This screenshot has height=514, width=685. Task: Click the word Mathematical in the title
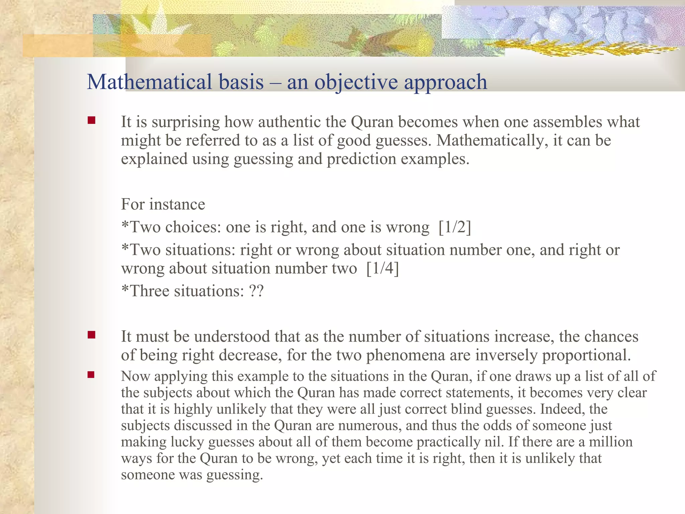coord(149,82)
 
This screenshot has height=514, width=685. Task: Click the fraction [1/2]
coord(455,228)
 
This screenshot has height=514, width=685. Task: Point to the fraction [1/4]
coord(383,269)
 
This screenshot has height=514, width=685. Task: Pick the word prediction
coord(361,159)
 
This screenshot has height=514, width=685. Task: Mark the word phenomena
coord(405,355)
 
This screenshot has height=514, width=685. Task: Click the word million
coord(610,442)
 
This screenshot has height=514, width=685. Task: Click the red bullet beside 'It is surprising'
coord(91,120)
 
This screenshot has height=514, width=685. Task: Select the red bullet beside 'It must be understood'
coord(91,335)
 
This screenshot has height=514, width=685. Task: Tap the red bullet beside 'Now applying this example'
coord(91,375)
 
